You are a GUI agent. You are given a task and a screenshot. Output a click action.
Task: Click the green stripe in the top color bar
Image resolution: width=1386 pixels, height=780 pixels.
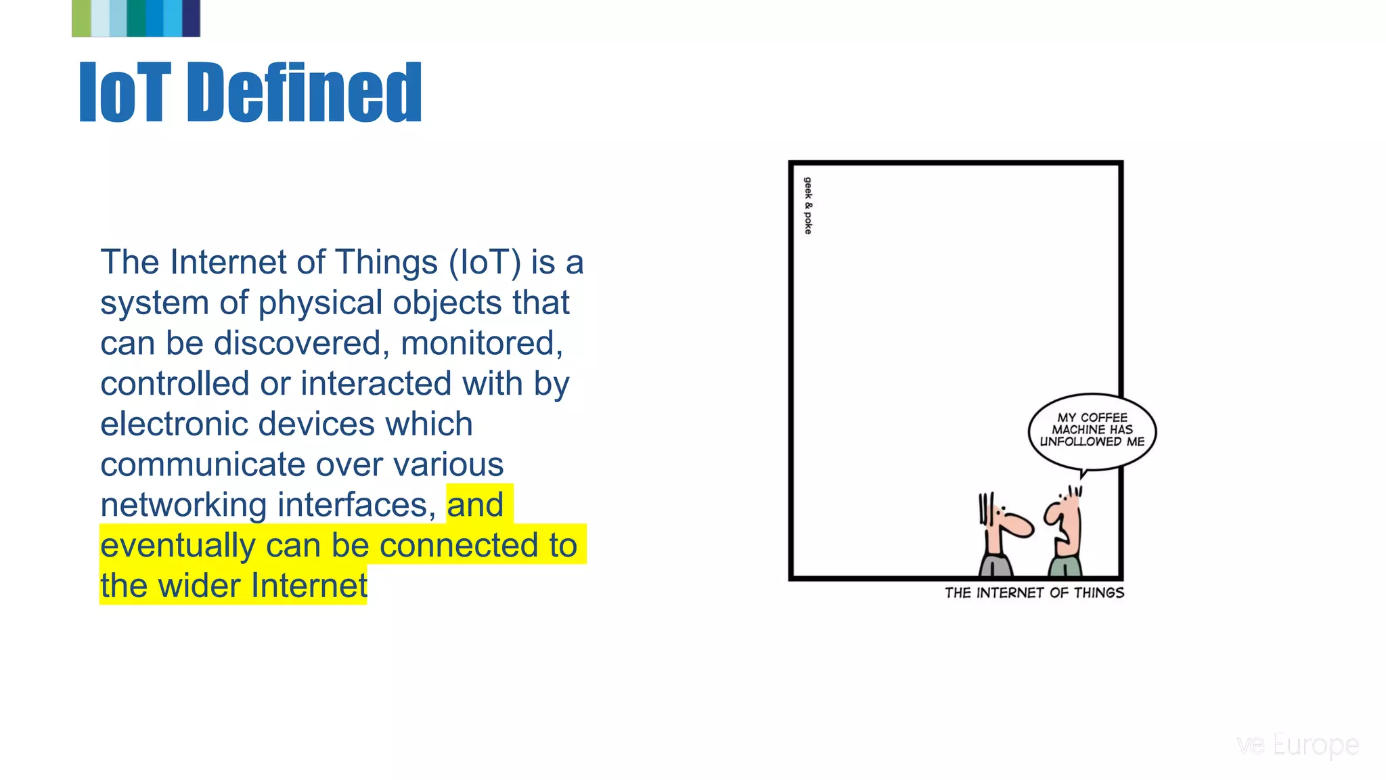[81, 18]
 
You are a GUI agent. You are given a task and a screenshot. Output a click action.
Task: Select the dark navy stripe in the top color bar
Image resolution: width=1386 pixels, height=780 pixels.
[192, 18]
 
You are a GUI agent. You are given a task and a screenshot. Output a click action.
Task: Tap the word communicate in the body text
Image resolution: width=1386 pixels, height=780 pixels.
[203, 465]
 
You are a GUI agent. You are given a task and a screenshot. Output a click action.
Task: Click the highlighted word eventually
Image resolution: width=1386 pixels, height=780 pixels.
[177, 546]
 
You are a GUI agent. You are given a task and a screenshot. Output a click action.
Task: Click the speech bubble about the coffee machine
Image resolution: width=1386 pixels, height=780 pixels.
[1092, 431]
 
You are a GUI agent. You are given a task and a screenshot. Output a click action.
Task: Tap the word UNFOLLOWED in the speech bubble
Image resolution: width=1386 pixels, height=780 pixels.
[1080, 442]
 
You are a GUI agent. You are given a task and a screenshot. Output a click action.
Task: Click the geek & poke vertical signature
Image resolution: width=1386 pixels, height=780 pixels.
[807, 205]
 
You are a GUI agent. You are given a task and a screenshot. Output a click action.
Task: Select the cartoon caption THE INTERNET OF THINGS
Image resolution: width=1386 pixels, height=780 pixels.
[1034, 593]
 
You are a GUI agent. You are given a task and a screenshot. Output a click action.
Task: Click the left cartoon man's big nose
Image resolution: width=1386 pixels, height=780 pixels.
[1019, 525]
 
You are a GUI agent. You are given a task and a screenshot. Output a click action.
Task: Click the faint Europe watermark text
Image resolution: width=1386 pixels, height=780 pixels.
[1315, 745]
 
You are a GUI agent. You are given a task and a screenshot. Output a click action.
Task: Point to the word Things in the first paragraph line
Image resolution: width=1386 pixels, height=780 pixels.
[386, 263]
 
